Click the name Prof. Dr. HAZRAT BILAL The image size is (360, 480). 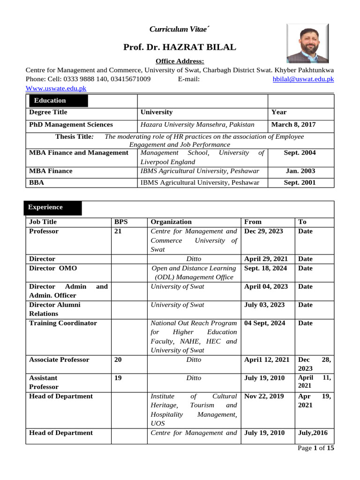pos(180,47)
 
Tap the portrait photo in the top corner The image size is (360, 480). pos(307,44)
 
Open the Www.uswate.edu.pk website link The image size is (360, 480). pos(56,88)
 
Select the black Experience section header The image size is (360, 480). pos(52,207)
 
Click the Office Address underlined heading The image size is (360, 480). pos(180,61)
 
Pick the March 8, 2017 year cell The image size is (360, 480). pos(293,125)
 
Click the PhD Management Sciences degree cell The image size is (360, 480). pos(71,125)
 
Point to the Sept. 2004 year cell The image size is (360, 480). pos(300,153)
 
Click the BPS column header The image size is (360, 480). pos(121,222)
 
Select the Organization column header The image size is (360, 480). pos(171,222)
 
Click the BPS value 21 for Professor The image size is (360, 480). pos(118,231)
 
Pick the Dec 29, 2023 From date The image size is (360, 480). pos(263,231)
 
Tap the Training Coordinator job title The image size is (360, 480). pos(63,323)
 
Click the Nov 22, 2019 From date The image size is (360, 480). pos(264,396)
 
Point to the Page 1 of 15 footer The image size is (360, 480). pos(316,448)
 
